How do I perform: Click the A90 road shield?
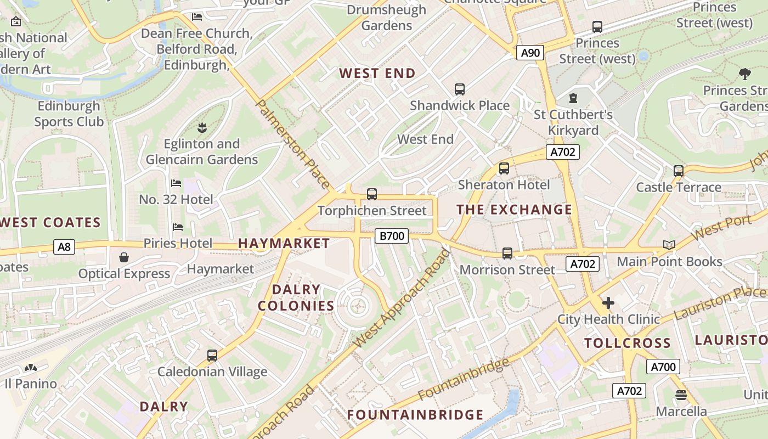tap(530, 53)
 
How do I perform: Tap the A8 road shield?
tap(64, 247)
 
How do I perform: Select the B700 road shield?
tap(392, 236)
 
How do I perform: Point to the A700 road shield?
tap(663, 367)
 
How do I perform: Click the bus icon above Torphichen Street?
tap(372, 194)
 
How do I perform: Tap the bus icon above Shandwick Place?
tap(460, 89)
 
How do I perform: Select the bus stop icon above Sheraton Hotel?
tap(504, 168)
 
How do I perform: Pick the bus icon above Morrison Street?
tap(507, 254)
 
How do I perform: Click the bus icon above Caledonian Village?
tap(212, 355)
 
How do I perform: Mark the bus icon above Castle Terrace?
tap(679, 171)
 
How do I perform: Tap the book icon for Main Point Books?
tap(669, 245)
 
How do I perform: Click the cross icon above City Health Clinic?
tap(608, 303)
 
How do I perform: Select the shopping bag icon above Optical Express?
tap(124, 257)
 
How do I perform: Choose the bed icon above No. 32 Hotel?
tap(176, 183)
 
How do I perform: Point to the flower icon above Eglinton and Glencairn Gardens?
tap(202, 128)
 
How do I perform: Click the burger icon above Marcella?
tap(681, 395)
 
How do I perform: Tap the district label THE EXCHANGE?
tap(514, 210)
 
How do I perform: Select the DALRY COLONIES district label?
tap(296, 297)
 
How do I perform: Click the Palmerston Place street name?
tap(293, 144)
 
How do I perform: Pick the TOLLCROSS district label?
tap(627, 344)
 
